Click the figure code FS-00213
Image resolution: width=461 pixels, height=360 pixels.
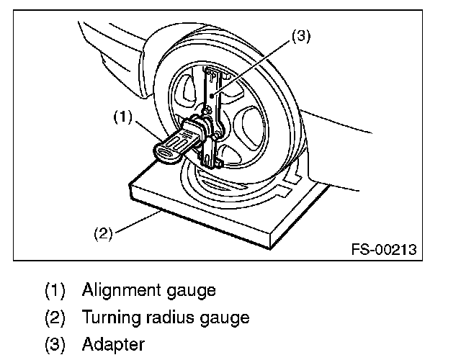(x=384, y=250)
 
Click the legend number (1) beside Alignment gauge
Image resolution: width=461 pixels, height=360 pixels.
(x=55, y=290)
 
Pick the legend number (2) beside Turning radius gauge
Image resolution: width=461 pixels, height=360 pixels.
(x=55, y=317)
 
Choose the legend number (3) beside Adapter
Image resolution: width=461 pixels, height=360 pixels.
(x=55, y=344)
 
